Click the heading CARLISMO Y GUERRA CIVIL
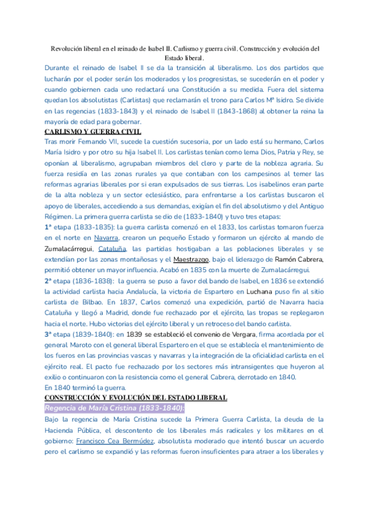(93, 131)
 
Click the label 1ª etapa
(58, 226)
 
